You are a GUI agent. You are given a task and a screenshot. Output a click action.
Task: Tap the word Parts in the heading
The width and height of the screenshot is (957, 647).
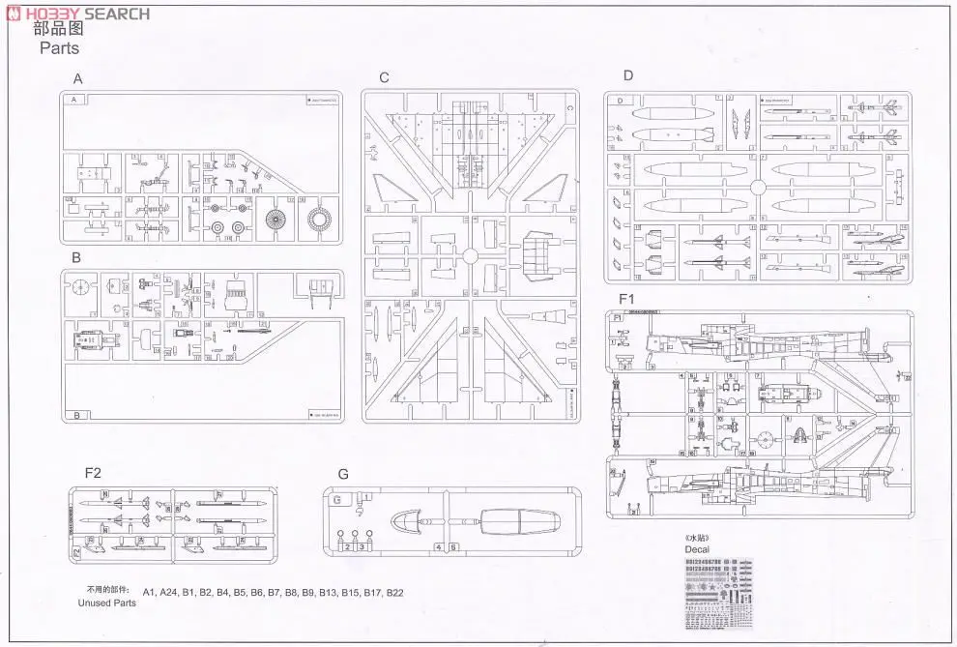click(x=58, y=47)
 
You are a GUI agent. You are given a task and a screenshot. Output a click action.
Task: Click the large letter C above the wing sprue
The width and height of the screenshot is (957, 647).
click(x=384, y=78)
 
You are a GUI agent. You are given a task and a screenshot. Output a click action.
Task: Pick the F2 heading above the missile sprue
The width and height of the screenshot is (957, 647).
click(x=93, y=473)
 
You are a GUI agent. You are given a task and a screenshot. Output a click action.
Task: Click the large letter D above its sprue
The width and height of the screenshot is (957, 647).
click(x=628, y=75)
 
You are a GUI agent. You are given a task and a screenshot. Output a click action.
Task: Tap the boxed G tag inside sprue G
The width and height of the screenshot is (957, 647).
click(x=335, y=500)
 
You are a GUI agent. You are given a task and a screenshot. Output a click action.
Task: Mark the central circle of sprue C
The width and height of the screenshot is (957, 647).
click(x=470, y=256)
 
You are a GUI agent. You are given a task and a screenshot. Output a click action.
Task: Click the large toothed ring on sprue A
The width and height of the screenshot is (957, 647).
click(x=319, y=220)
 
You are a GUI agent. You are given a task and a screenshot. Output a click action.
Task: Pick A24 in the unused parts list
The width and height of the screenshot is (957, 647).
click(x=169, y=593)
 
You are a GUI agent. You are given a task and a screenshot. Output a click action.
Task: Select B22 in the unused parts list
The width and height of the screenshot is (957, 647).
click(x=394, y=593)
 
